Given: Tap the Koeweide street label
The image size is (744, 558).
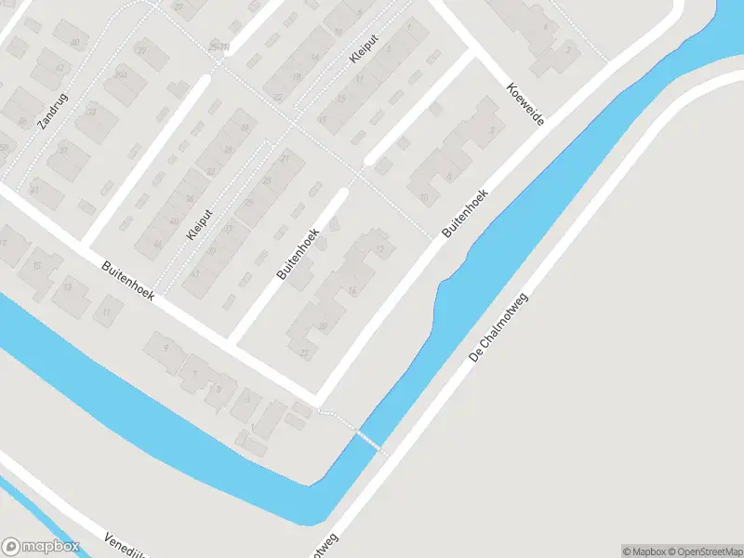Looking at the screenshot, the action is pos(525,104).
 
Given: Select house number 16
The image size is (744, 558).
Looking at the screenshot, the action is pos(352,291).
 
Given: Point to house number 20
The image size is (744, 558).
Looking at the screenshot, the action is pos(323,325).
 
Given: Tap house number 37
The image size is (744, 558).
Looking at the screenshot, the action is pos(62,150).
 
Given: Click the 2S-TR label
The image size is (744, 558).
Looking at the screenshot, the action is pos(219,47).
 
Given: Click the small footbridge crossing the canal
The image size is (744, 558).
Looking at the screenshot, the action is pos(368,439).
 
